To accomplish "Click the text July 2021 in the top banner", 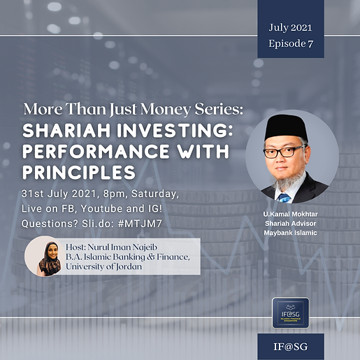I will [290, 28].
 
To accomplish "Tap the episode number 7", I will [310, 43].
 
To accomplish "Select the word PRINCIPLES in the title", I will [78, 171].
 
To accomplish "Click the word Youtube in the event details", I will [96, 208].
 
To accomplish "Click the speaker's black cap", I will [286, 125].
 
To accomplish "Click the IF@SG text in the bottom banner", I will [290, 345].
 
